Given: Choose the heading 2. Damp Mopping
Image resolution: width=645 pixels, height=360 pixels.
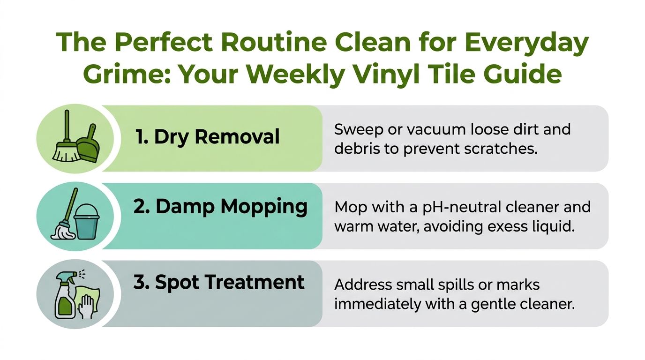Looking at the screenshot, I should pyautogui.click(x=220, y=207).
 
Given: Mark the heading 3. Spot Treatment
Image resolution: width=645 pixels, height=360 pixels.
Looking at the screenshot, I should pyautogui.click(x=219, y=283).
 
